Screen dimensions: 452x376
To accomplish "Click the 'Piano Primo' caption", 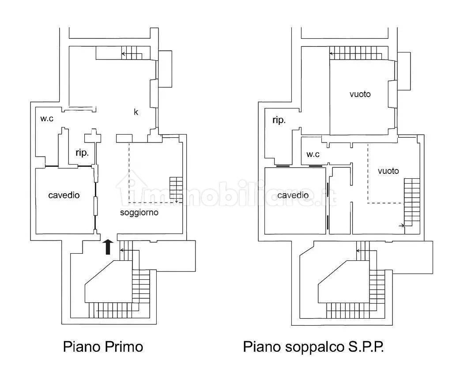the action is (x=103, y=346).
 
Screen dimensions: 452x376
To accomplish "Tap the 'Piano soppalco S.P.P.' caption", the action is (x=313, y=346).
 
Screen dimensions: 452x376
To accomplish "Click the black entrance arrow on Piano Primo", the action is (x=108, y=247).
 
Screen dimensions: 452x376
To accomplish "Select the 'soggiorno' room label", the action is (x=139, y=213).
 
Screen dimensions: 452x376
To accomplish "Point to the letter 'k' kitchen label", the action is (x=136, y=112).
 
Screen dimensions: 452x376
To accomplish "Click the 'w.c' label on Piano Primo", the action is (x=47, y=118).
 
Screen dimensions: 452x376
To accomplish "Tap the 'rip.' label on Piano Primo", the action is (x=82, y=152).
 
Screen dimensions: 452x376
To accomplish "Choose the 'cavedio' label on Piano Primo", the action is (x=64, y=195).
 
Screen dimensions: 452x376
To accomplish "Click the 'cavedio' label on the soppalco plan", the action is (x=293, y=195).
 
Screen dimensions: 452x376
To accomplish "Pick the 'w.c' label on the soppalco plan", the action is (x=313, y=154).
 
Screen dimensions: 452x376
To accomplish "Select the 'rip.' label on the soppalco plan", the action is (x=279, y=120).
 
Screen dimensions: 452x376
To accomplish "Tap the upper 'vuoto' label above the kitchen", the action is (x=360, y=94).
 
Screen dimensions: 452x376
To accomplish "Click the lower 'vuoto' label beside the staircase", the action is (x=388, y=171).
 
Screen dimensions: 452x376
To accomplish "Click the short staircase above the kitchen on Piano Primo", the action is (x=132, y=53).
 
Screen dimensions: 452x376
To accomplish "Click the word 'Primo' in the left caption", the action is (x=124, y=346).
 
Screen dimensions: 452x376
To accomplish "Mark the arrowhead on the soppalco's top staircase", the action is (x=331, y=53).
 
